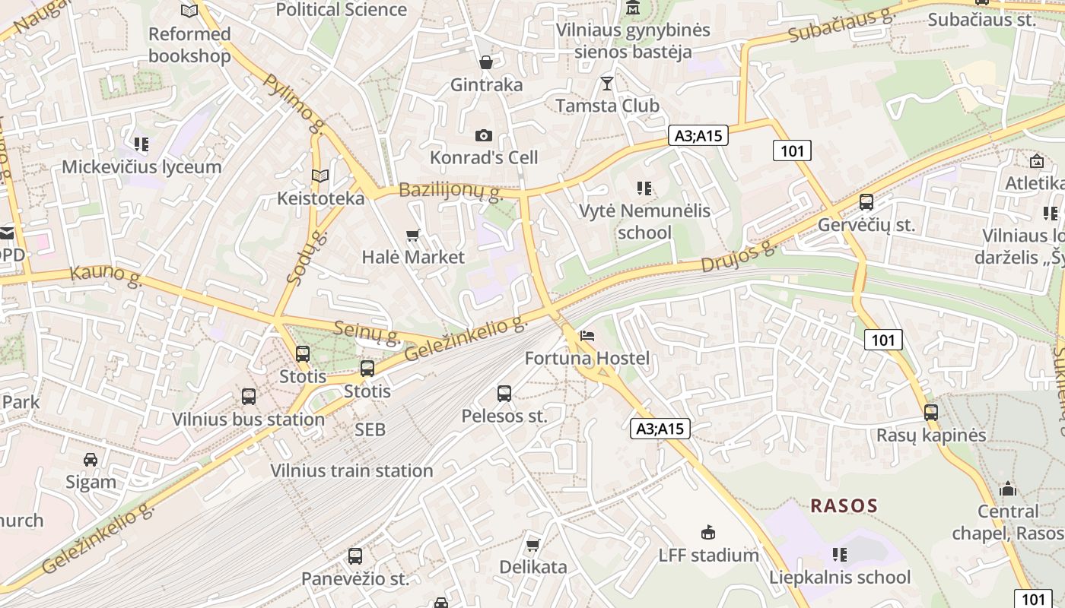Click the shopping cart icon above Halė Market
click(413, 236)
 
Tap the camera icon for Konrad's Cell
click(483, 136)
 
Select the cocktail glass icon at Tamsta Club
click(606, 84)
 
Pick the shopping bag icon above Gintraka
click(485, 62)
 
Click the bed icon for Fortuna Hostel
click(587, 336)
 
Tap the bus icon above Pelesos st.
click(504, 394)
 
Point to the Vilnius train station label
click(351, 470)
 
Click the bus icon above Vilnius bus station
click(249, 397)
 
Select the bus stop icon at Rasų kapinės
click(931, 413)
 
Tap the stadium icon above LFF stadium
click(708, 532)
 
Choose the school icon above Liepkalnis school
click(840, 555)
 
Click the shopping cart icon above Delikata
click(533, 545)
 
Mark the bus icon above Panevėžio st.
click(355, 556)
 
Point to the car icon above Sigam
click(91, 460)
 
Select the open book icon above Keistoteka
click(320, 176)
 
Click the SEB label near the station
click(370, 429)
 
